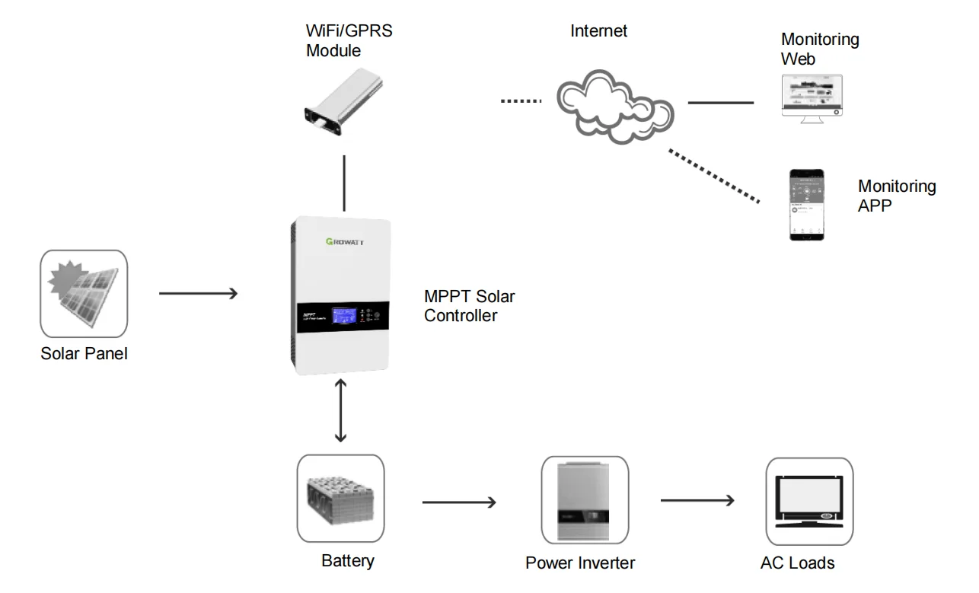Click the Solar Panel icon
tap(84, 294)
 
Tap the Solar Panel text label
tap(84, 353)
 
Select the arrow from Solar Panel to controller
tap(199, 293)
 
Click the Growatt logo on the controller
tap(340, 243)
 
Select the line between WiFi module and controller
tap(345, 183)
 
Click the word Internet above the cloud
tap(599, 32)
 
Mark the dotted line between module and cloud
tap(521, 100)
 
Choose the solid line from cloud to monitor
tap(720, 102)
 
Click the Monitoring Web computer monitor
tap(812, 94)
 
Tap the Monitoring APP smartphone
tap(806, 205)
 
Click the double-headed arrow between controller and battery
tap(341, 411)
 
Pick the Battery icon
tap(340, 499)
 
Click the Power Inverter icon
tap(585, 500)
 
